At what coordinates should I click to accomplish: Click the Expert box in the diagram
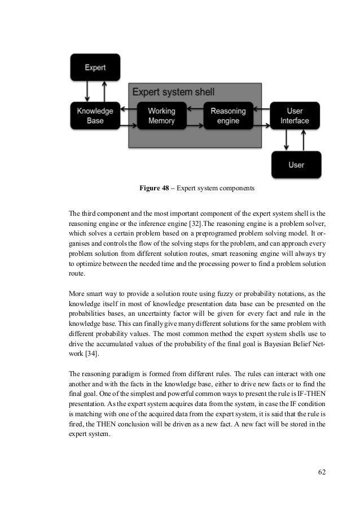click(95, 67)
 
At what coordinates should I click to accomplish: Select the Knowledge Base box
click(95, 116)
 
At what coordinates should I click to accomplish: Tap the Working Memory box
click(161, 116)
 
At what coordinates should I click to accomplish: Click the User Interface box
click(295, 116)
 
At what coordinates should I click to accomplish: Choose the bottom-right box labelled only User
click(296, 164)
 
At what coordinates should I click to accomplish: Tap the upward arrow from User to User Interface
click(304, 140)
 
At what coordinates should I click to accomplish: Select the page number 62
click(321, 472)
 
